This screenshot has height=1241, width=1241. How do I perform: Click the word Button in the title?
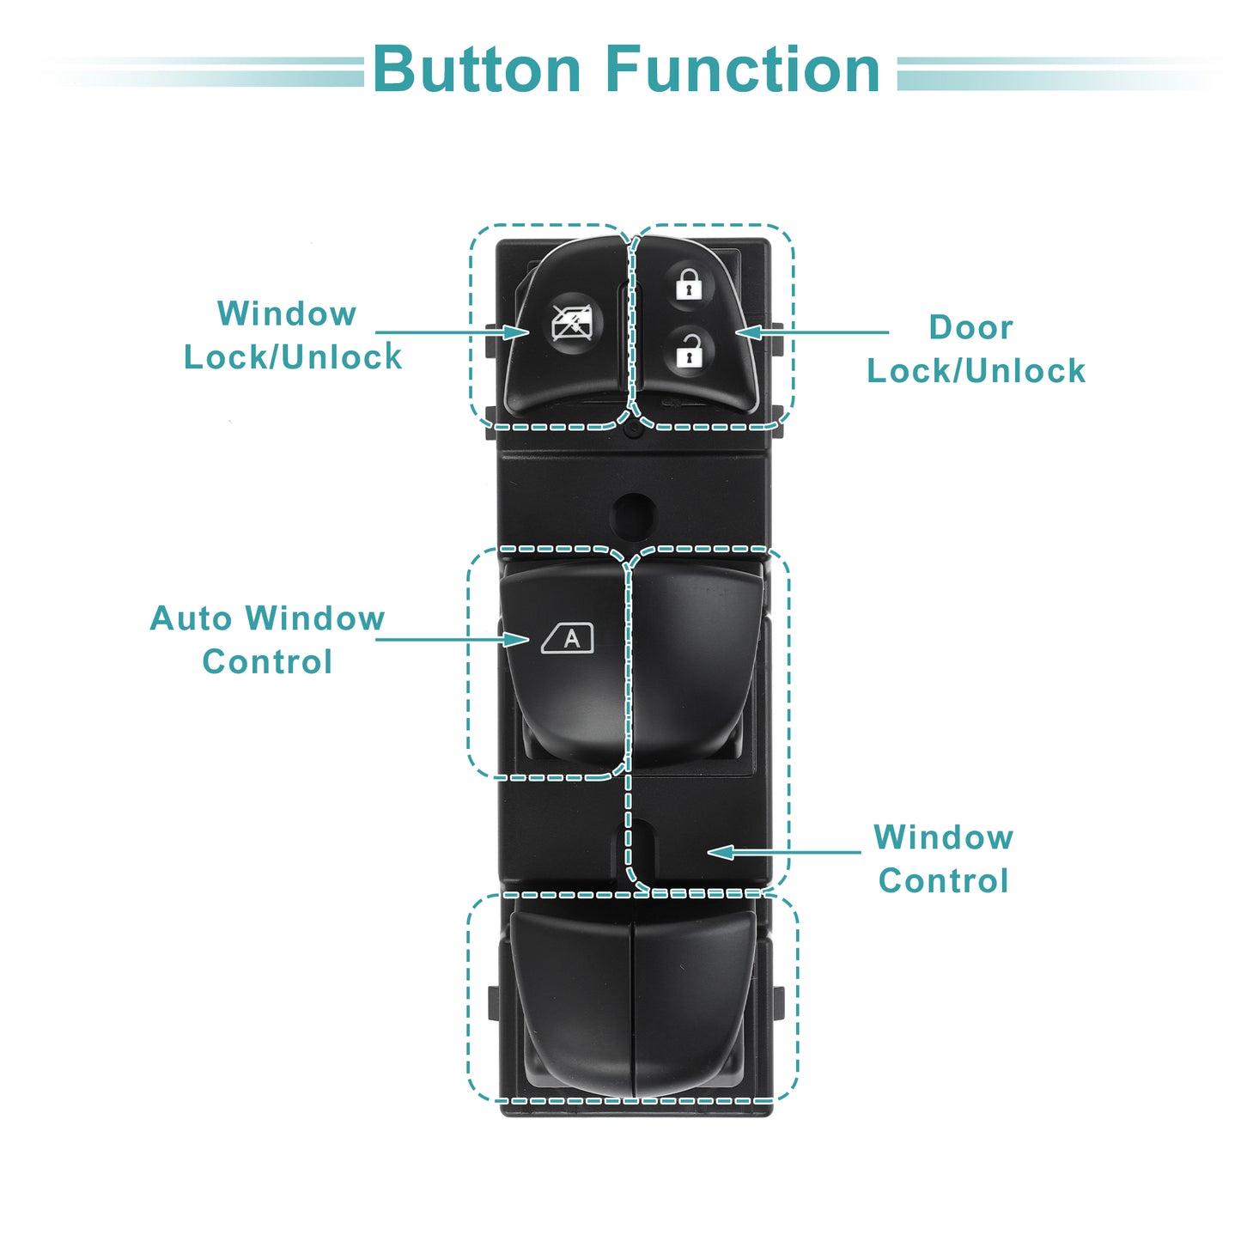click(478, 70)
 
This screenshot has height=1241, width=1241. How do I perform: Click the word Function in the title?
click(743, 70)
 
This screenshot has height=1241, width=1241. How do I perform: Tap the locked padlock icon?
click(689, 284)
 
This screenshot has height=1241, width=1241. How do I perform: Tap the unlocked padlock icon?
click(688, 351)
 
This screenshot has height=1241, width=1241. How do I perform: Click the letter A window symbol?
click(567, 639)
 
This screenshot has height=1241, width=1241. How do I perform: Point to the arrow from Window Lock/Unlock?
click(452, 332)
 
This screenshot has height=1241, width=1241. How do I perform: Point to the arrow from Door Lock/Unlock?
click(812, 332)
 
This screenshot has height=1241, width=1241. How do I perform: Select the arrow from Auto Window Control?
click(452, 640)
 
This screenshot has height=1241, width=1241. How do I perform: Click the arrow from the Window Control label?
click(784, 852)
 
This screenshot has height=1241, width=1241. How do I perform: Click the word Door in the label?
click(970, 327)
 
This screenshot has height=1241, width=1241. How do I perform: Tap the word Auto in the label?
click(191, 618)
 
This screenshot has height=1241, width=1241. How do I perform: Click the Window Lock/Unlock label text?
click(293, 335)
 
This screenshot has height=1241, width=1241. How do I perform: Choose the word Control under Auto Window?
click(267, 661)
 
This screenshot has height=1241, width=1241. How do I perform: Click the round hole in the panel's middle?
click(634, 516)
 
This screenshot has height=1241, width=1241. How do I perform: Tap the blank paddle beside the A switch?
click(697, 660)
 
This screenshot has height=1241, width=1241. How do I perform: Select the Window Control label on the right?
click(944, 859)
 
